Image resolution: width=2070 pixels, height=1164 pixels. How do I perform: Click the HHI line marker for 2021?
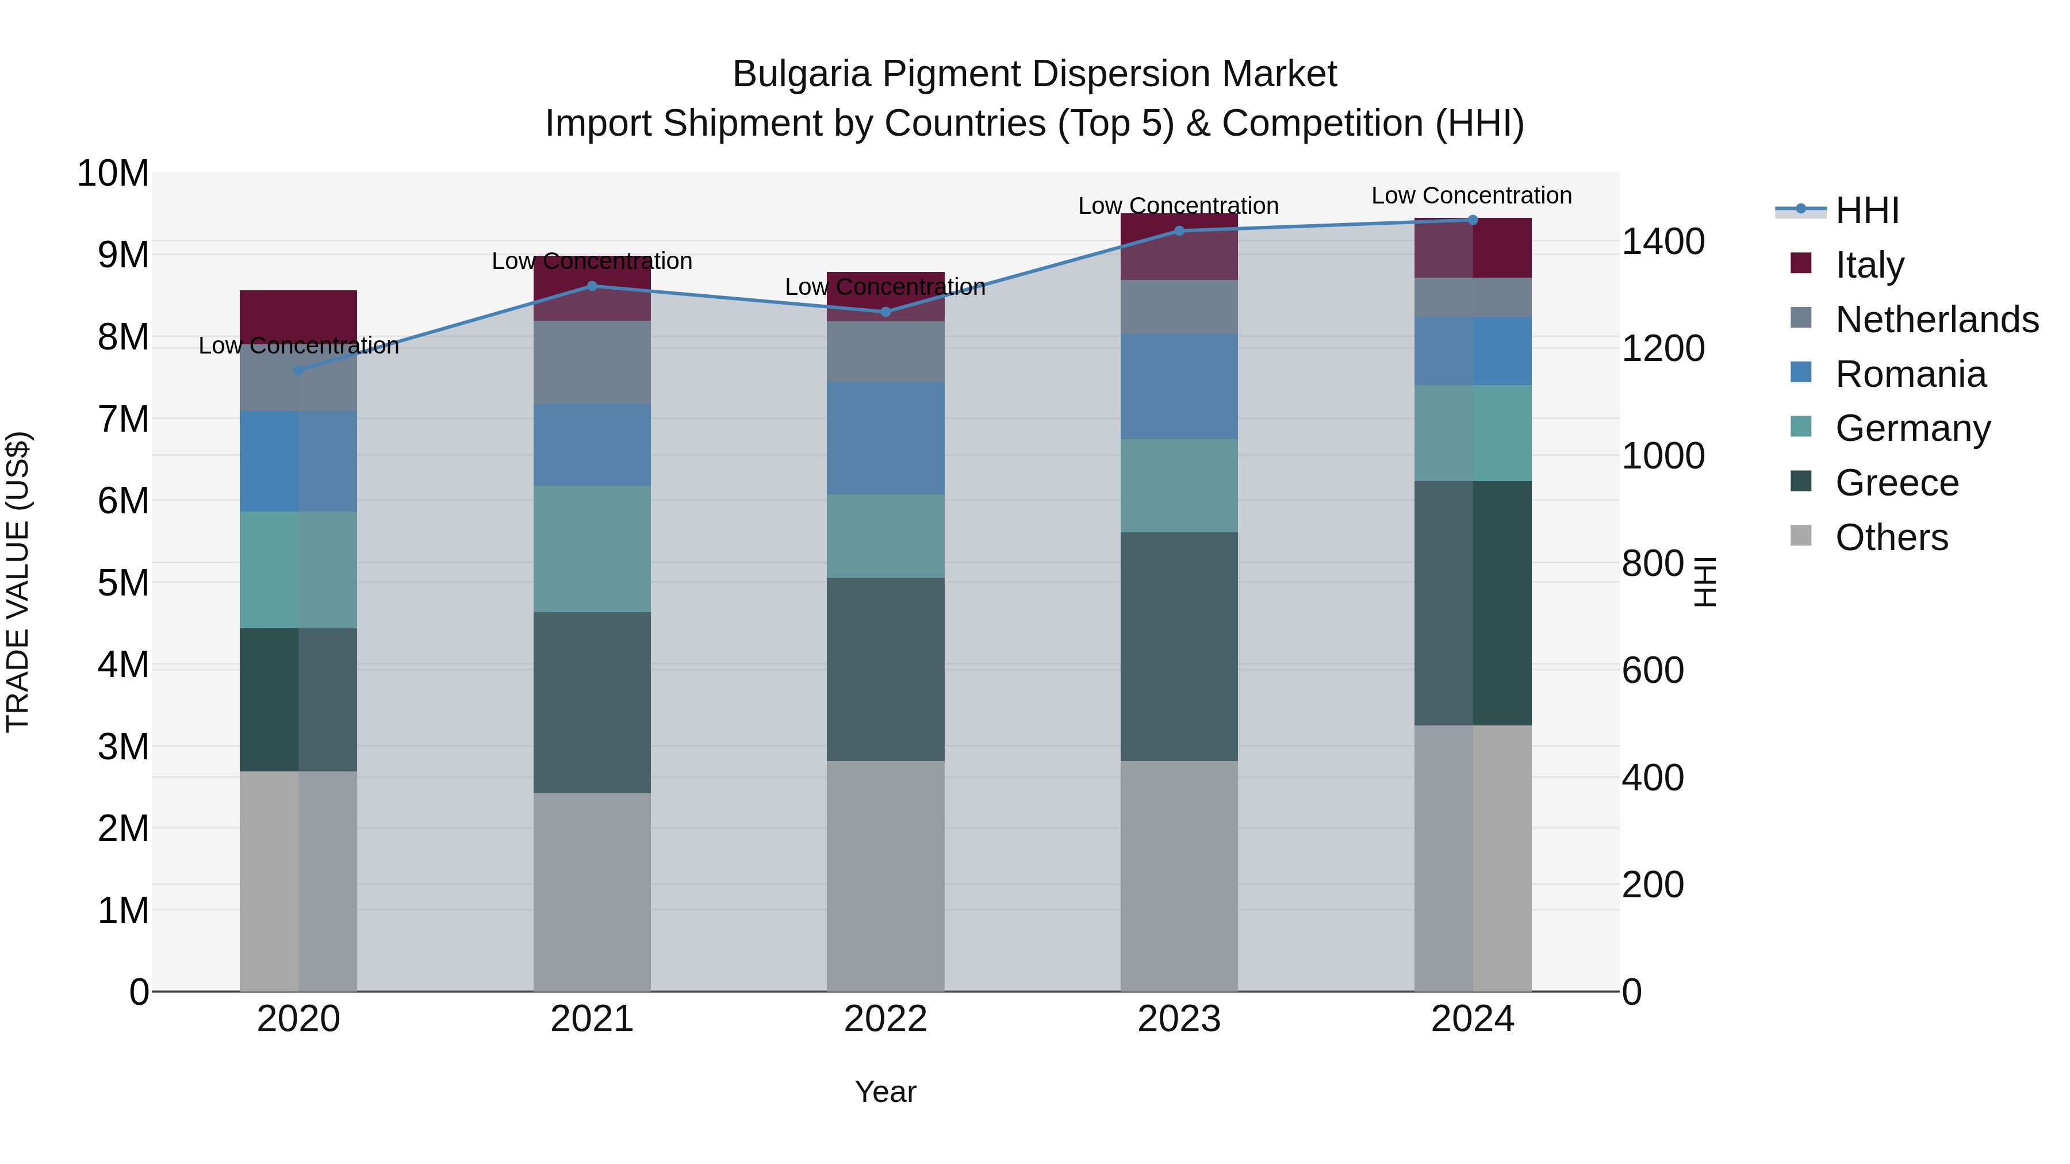(592, 286)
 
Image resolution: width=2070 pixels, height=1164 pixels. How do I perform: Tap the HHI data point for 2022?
(885, 312)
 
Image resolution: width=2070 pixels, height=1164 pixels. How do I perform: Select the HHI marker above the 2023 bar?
(1179, 231)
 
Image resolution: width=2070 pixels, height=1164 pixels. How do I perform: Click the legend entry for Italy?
(1869, 264)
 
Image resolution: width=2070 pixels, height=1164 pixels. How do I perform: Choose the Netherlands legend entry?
(1937, 319)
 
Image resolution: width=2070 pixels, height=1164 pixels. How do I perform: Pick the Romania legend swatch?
(1801, 372)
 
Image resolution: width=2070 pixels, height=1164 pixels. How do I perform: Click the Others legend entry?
(1892, 537)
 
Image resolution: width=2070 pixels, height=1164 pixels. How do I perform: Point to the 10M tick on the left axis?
(113, 174)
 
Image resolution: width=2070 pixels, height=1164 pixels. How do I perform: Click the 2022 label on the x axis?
(885, 1019)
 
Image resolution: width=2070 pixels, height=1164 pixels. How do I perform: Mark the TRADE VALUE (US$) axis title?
(18, 582)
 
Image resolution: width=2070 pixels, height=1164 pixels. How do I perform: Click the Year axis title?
(885, 1092)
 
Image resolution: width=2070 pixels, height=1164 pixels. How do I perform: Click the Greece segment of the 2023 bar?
(1179, 647)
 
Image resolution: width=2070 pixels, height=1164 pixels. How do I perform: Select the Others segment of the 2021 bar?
(592, 892)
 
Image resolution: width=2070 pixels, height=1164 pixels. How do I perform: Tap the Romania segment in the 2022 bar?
(885, 438)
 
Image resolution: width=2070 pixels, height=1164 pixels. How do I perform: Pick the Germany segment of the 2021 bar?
(592, 549)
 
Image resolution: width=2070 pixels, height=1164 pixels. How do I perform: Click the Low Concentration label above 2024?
(1471, 195)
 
